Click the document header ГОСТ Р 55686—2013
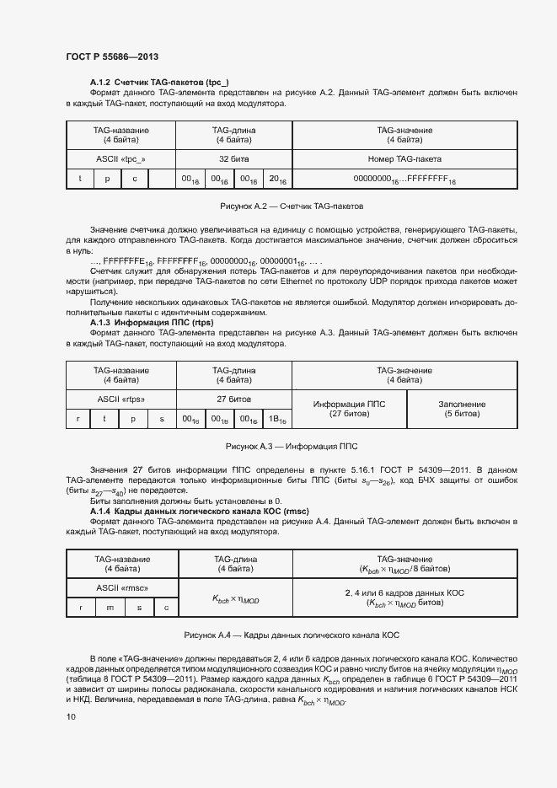pyautogui.click(x=112, y=56)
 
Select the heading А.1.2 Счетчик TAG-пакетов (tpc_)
pyautogui.click(x=159, y=82)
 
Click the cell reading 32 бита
pyautogui.click(x=233, y=158)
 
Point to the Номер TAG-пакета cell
pyautogui.click(x=404, y=158)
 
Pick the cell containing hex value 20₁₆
pyautogui.click(x=277, y=180)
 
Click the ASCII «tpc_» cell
pyautogui.click(x=121, y=158)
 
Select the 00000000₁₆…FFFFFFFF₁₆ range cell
pyautogui.click(x=404, y=180)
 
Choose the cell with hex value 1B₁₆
pyautogui.click(x=277, y=419)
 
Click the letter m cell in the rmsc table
pyautogui.click(x=110, y=608)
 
